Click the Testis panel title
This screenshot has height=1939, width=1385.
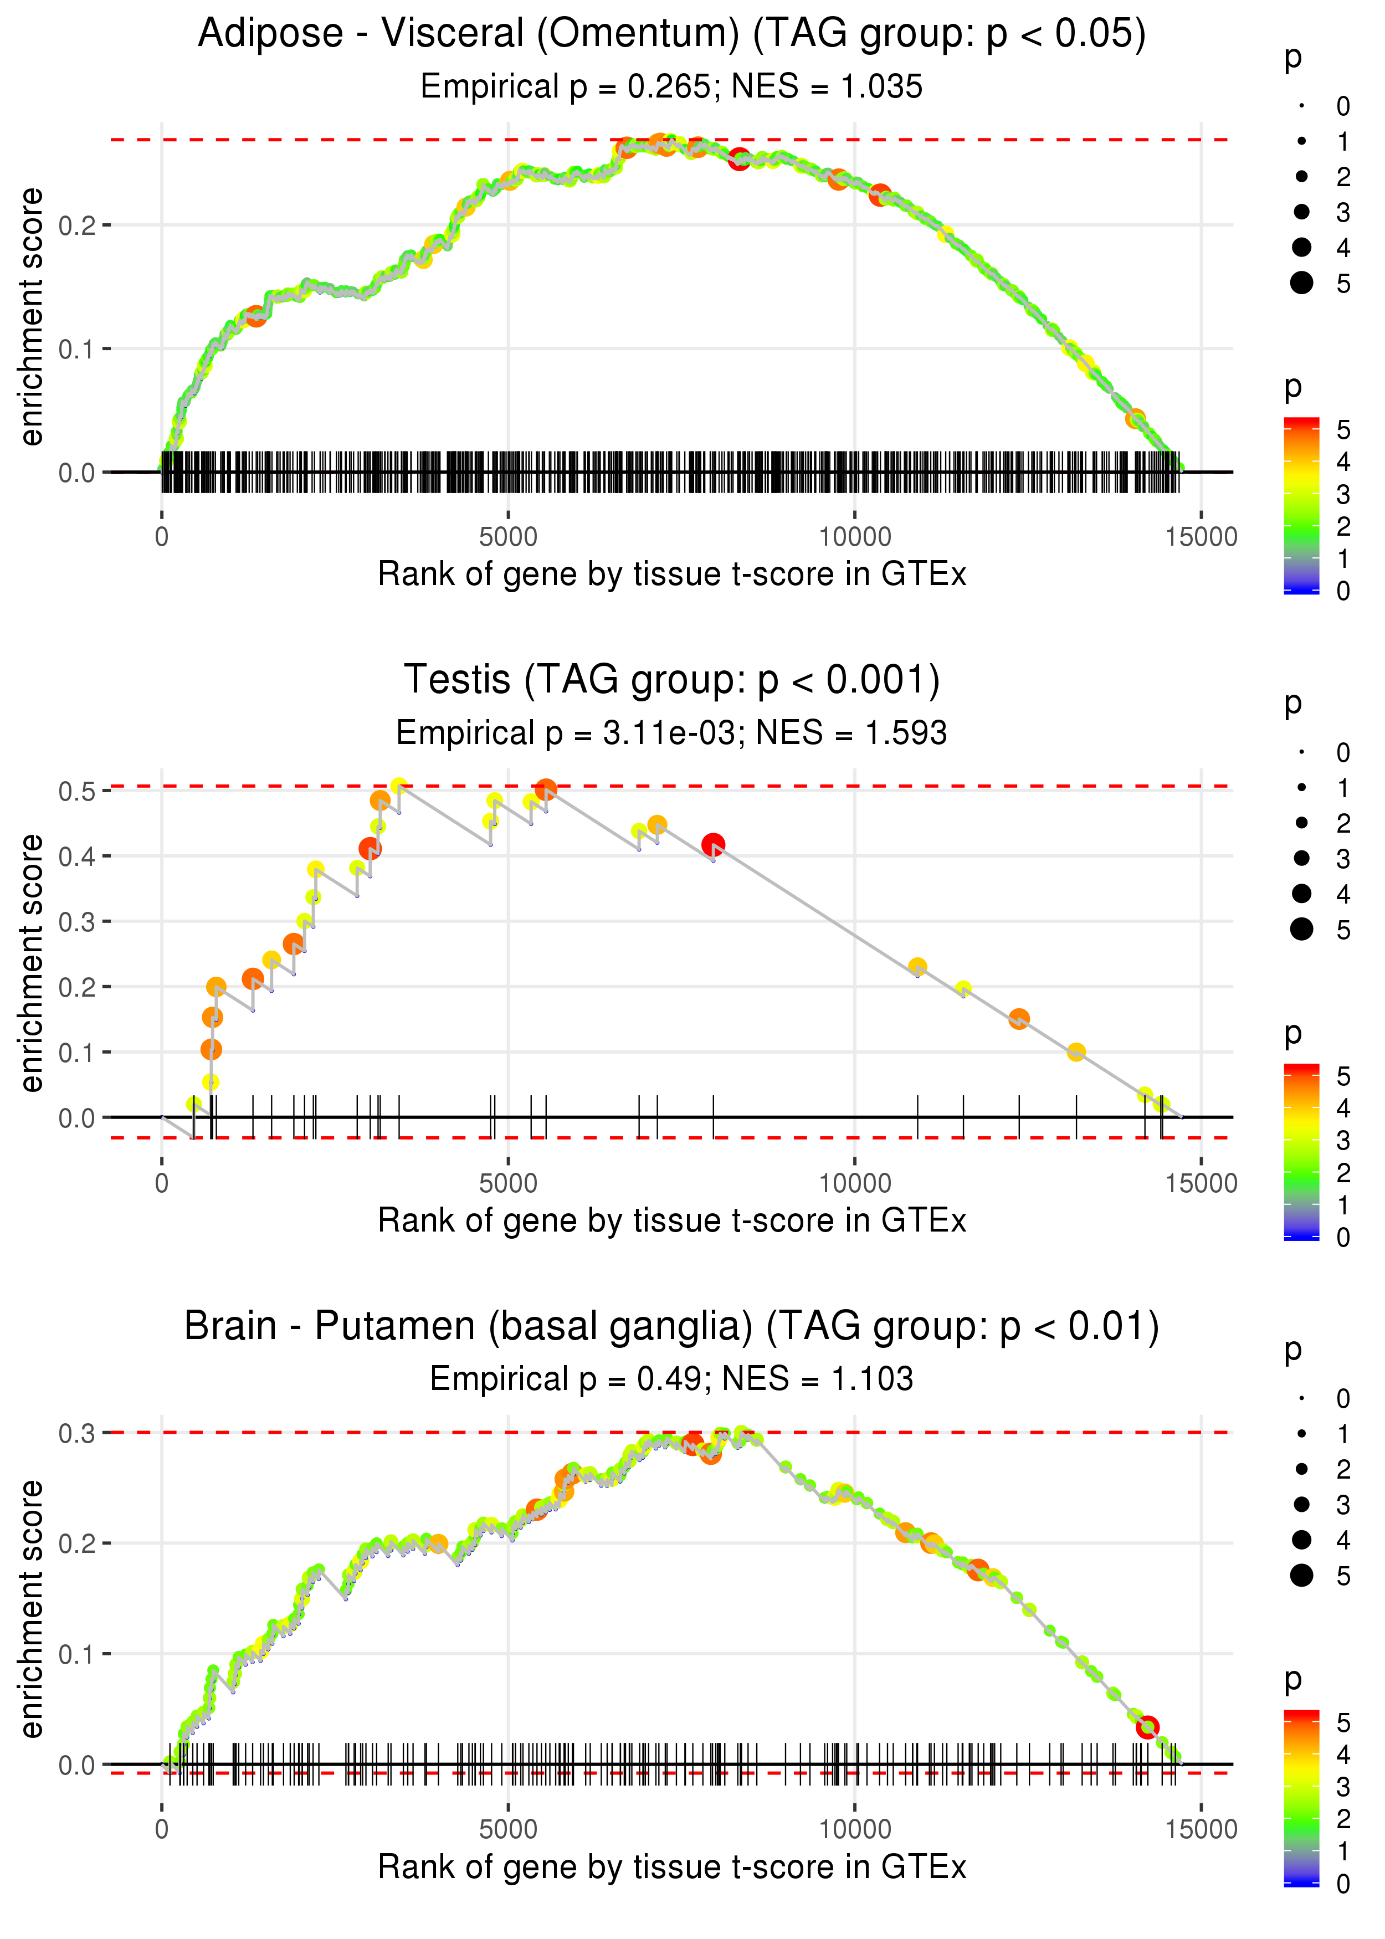(672, 680)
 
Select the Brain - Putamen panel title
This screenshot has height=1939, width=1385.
(672, 1327)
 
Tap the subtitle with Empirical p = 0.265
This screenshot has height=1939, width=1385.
(671, 86)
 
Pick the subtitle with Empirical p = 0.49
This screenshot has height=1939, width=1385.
(671, 1379)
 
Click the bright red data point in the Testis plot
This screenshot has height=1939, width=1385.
(713, 845)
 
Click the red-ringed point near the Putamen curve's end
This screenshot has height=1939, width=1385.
(1147, 1727)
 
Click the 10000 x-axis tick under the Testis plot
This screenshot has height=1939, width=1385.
(854, 1183)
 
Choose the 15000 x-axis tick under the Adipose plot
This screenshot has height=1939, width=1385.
(1201, 536)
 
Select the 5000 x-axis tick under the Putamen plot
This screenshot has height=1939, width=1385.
(508, 1829)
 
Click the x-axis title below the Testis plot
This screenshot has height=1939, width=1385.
(672, 1221)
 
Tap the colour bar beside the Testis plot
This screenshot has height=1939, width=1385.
(1301, 1152)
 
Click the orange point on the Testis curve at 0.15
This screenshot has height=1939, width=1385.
(1018, 1018)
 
